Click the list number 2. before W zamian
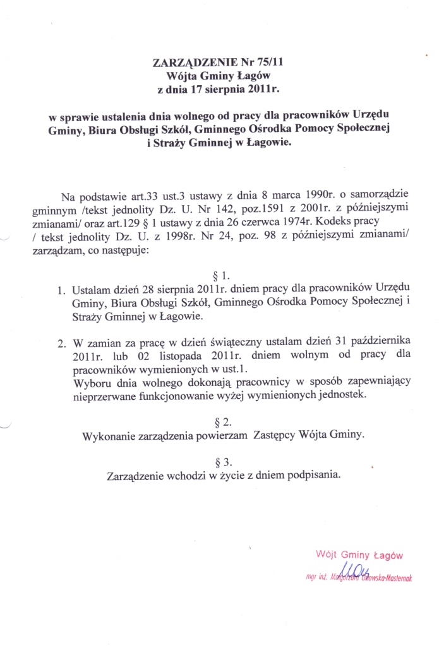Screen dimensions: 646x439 coord(61,344)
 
